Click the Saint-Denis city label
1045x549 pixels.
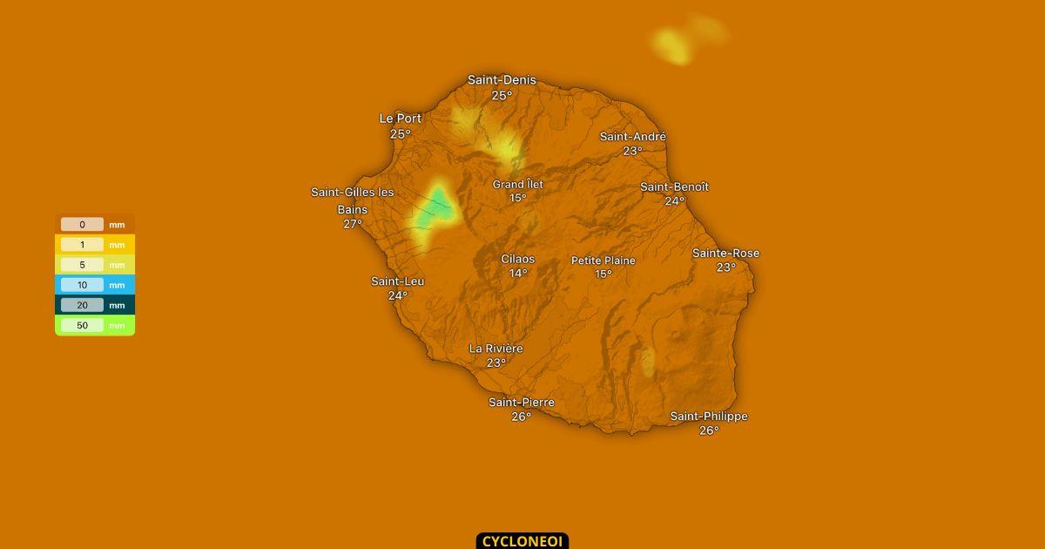click(x=502, y=80)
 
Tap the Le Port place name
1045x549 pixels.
click(x=400, y=119)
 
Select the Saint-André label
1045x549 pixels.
click(x=633, y=137)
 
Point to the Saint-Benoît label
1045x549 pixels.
click(x=674, y=187)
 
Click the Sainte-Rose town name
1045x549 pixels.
click(x=725, y=254)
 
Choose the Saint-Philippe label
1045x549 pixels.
click(x=709, y=417)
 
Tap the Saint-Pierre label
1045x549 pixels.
click(x=521, y=403)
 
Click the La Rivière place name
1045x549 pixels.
click(x=496, y=349)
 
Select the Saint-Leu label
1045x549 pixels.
click(x=398, y=281)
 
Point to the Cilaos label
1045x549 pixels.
click(x=518, y=259)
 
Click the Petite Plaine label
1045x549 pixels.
click(x=603, y=261)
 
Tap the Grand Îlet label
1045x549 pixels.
click(x=518, y=185)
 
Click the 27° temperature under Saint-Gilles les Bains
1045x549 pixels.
click(x=353, y=224)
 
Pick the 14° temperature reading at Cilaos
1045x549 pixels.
click(x=518, y=274)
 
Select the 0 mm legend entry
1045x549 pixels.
click(x=94, y=225)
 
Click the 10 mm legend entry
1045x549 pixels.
click(x=94, y=285)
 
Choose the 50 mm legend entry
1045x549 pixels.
click(x=94, y=326)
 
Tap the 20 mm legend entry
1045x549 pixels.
click(x=94, y=306)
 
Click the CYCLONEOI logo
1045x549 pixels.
click(x=522, y=541)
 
